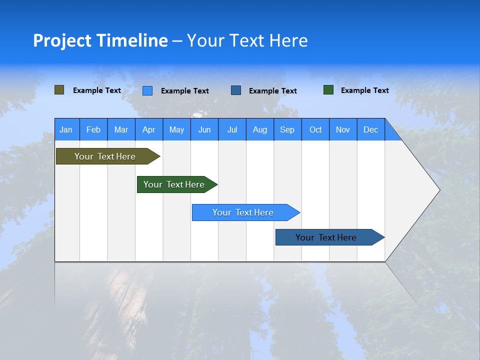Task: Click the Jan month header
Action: pyautogui.click(x=66, y=129)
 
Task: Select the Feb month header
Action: pyautogui.click(x=93, y=129)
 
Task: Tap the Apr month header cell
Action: pyautogui.click(x=149, y=129)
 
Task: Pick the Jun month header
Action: pyautogui.click(x=204, y=129)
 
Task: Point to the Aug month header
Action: pyautogui.click(x=260, y=129)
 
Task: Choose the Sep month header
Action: pyautogui.click(x=287, y=129)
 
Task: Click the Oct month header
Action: pyautogui.click(x=315, y=129)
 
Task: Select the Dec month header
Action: pyautogui.click(x=371, y=129)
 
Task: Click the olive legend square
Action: pyautogui.click(x=59, y=90)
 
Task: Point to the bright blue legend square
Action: pyautogui.click(x=147, y=90)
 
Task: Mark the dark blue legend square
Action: pyautogui.click(x=236, y=90)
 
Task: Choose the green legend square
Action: pyautogui.click(x=328, y=90)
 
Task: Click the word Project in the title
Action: pyautogui.click(x=62, y=40)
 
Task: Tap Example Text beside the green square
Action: pyautogui.click(x=364, y=90)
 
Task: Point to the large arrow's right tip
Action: pyautogui.click(x=439, y=190)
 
